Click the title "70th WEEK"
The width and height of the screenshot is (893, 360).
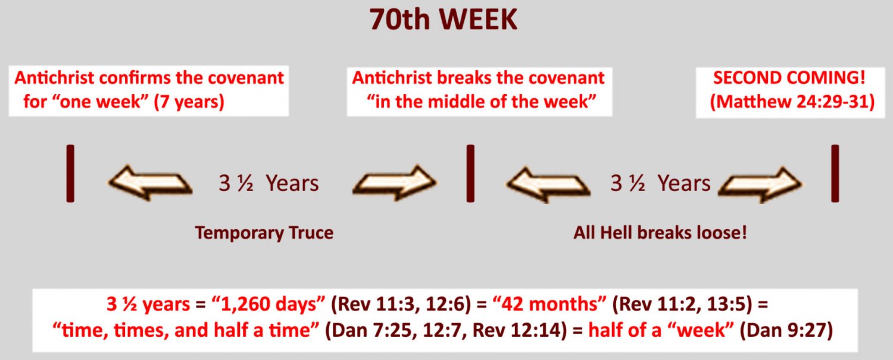[444, 19]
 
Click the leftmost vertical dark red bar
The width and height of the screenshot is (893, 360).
[70, 173]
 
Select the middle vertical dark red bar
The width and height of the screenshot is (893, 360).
[470, 173]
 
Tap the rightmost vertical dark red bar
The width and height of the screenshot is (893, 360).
[835, 173]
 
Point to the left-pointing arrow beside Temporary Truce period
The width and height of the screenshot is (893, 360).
[150, 183]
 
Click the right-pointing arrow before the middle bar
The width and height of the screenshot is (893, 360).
[395, 183]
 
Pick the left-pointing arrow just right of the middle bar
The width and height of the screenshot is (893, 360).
[548, 184]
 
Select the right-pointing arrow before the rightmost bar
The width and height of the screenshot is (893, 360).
[760, 184]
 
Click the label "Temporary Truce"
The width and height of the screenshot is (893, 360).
[264, 233]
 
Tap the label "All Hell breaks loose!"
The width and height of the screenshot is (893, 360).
[660, 233]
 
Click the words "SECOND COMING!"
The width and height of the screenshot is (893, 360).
[789, 78]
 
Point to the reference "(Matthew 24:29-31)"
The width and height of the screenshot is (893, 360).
[792, 102]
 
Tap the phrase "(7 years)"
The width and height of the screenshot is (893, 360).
[189, 102]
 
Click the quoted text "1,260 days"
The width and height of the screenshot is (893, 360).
[268, 304]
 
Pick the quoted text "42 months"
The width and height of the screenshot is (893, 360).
[549, 304]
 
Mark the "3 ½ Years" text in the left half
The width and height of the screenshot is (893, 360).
[268, 183]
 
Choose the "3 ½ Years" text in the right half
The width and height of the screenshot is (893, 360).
[661, 183]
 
